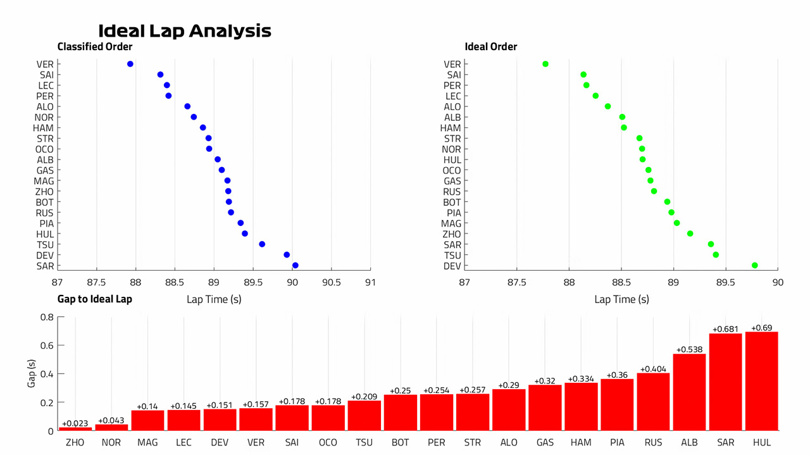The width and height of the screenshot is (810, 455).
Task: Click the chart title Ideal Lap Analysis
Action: [184, 31]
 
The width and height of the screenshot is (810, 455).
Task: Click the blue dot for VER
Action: [130, 64]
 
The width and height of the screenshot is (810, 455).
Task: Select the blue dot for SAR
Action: [295, 266]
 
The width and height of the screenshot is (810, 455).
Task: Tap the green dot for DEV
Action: [755, 266]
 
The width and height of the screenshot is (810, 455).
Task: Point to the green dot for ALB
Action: [622, 117]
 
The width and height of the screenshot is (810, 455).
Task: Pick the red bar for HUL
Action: [761, 381]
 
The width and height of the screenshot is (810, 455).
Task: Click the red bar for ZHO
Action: [75, 429]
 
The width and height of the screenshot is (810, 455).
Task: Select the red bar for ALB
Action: [689, 392]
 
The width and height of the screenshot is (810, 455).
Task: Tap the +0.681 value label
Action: [725, 329]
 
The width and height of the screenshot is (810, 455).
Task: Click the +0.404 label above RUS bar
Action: [653, 369]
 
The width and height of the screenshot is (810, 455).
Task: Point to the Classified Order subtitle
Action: [95, 47]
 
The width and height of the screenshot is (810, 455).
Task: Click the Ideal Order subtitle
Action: [490, 47]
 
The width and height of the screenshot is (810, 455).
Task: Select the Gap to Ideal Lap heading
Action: [95, 299]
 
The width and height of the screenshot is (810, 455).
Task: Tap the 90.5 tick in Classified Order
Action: [331, 282]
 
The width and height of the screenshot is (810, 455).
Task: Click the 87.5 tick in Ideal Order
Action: [517, 282]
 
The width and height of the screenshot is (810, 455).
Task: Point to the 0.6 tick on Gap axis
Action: [47, 346]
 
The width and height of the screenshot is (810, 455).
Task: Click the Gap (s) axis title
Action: [32, 373]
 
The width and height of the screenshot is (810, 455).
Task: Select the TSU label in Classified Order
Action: [45, 245]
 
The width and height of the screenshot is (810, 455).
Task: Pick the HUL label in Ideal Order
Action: [452, 160]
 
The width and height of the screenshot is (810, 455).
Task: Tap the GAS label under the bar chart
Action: [545, 442]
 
